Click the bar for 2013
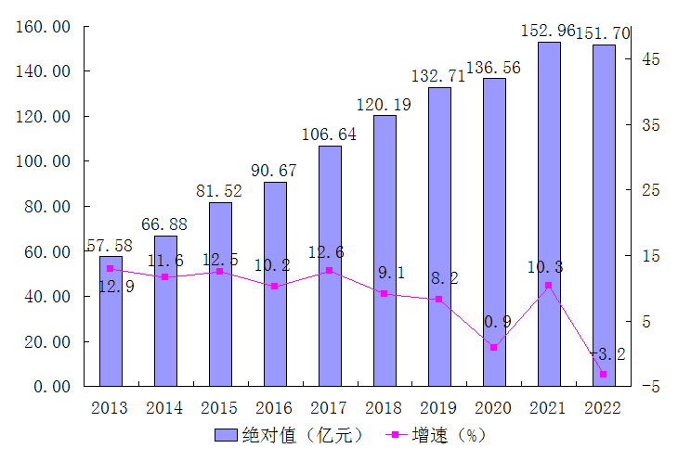111,321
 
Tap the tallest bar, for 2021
549,213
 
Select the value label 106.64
329,134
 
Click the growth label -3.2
608,353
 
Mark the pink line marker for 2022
603,374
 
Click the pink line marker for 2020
493,347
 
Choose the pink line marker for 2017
330,271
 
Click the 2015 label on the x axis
219,407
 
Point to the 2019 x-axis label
438,407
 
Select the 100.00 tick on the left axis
46,161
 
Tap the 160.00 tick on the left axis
46,27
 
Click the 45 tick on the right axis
650,59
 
